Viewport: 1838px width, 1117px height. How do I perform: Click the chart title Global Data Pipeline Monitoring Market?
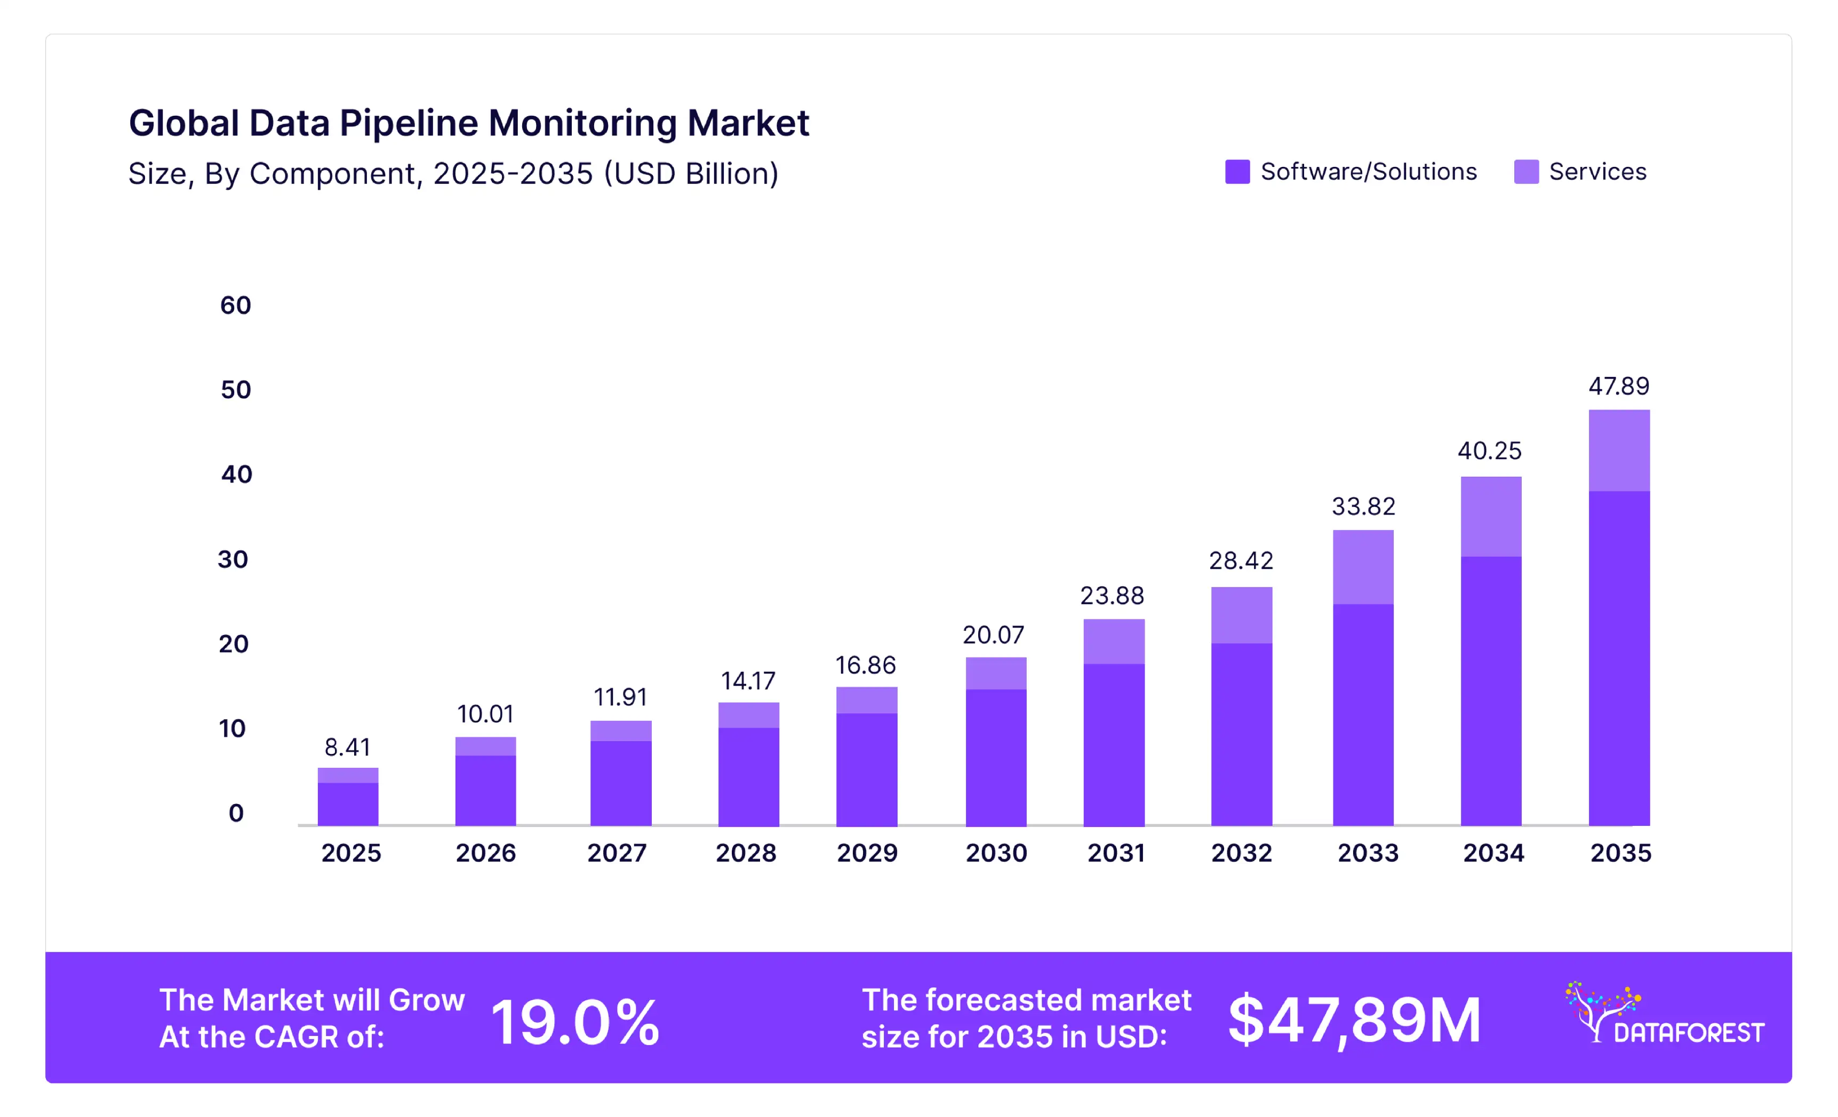coord(468,123)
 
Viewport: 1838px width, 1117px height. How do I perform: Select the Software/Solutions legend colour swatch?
coord(1237,172)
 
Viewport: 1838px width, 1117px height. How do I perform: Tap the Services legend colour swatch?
coord(1526,172)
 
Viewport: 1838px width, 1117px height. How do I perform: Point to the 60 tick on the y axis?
coord(235,305)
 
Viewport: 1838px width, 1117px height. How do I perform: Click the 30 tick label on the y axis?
coord(233,559)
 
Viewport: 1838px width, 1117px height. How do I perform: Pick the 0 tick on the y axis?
coord(236,813)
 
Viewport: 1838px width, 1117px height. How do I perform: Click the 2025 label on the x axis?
coord(350,853)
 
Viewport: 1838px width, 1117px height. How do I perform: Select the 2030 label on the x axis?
coord(996,853)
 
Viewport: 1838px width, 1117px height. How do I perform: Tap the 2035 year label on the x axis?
coord(1620,853)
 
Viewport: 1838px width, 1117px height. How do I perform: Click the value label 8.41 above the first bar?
coord(347,746)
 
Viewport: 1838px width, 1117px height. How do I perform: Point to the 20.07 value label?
coord(993,634)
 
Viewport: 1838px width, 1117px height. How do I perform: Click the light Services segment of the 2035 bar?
coord(1619,451)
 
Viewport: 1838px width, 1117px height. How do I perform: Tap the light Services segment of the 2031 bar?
coord(1114,641)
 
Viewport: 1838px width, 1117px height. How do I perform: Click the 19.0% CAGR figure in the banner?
coord(574,1022)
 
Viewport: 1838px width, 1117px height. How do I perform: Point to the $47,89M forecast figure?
coord(1354,1020)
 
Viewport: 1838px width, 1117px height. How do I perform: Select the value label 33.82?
coord(1363,507)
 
